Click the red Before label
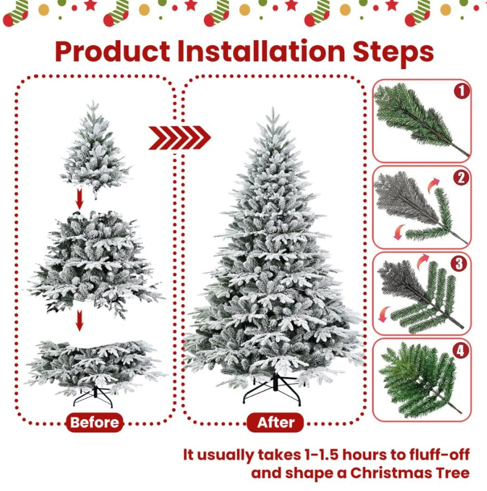pyautogui.click(x=95, y=422)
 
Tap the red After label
pyautogui.click(x=276, y=422)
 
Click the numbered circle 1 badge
pyautogui.click(x=461, y=91)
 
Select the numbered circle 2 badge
pyautogui.click(x=461, y=178)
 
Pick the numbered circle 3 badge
pyautogui.click(x=461, y=264)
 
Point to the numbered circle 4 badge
pyautogui.click(x=461, y=351)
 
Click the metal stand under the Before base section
pyautogui.click(x=94, y=396)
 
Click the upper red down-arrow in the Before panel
pyautogui.click(x=80, y=199)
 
